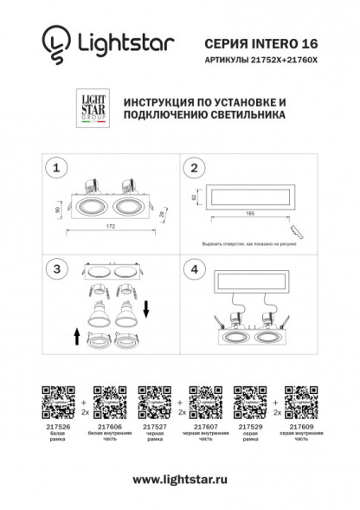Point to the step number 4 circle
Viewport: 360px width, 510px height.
point(196,271)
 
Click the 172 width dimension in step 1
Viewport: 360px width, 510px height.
point(111,226)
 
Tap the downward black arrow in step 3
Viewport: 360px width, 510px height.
point(147,307)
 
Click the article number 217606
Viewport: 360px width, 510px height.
point(108,427)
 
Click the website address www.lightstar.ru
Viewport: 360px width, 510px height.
point(180,479)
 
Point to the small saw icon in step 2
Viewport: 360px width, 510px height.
point(298,231)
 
